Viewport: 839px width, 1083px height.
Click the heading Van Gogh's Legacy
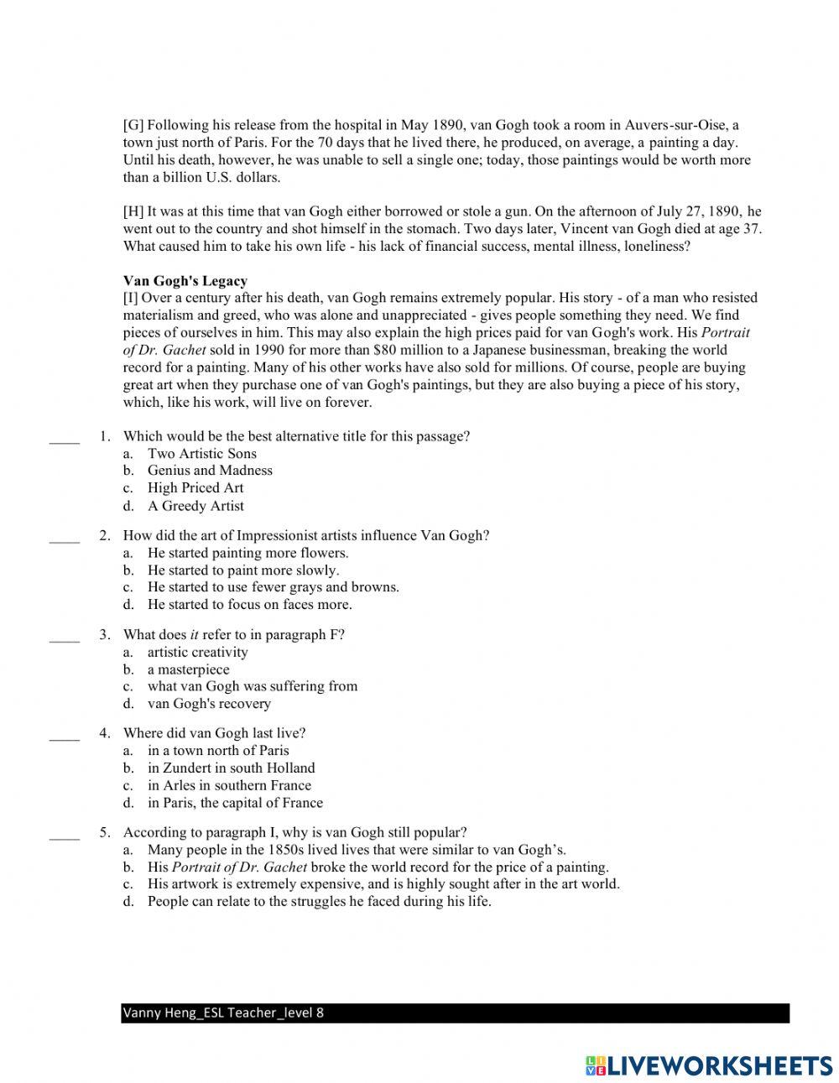pos(185,280)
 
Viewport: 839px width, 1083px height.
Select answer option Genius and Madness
pos(210,471)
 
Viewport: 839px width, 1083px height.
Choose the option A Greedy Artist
pos(195,506)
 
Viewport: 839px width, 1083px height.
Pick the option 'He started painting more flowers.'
pos(248,553)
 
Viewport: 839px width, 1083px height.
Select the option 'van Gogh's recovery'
pos(209,704)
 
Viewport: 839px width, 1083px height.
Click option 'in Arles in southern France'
pos(229,786)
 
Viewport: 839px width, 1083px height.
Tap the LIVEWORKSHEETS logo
pos(708,1065)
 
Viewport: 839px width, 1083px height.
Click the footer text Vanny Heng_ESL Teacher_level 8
pos(223,1013)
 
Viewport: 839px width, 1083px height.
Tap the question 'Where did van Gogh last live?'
pos(214,733)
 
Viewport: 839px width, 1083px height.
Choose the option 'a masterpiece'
pos(188,669)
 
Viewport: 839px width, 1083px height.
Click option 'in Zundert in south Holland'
pos(231,768)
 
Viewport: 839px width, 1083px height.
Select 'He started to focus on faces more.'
pos(249,605)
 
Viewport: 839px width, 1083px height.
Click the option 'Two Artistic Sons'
pos(202,454)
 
